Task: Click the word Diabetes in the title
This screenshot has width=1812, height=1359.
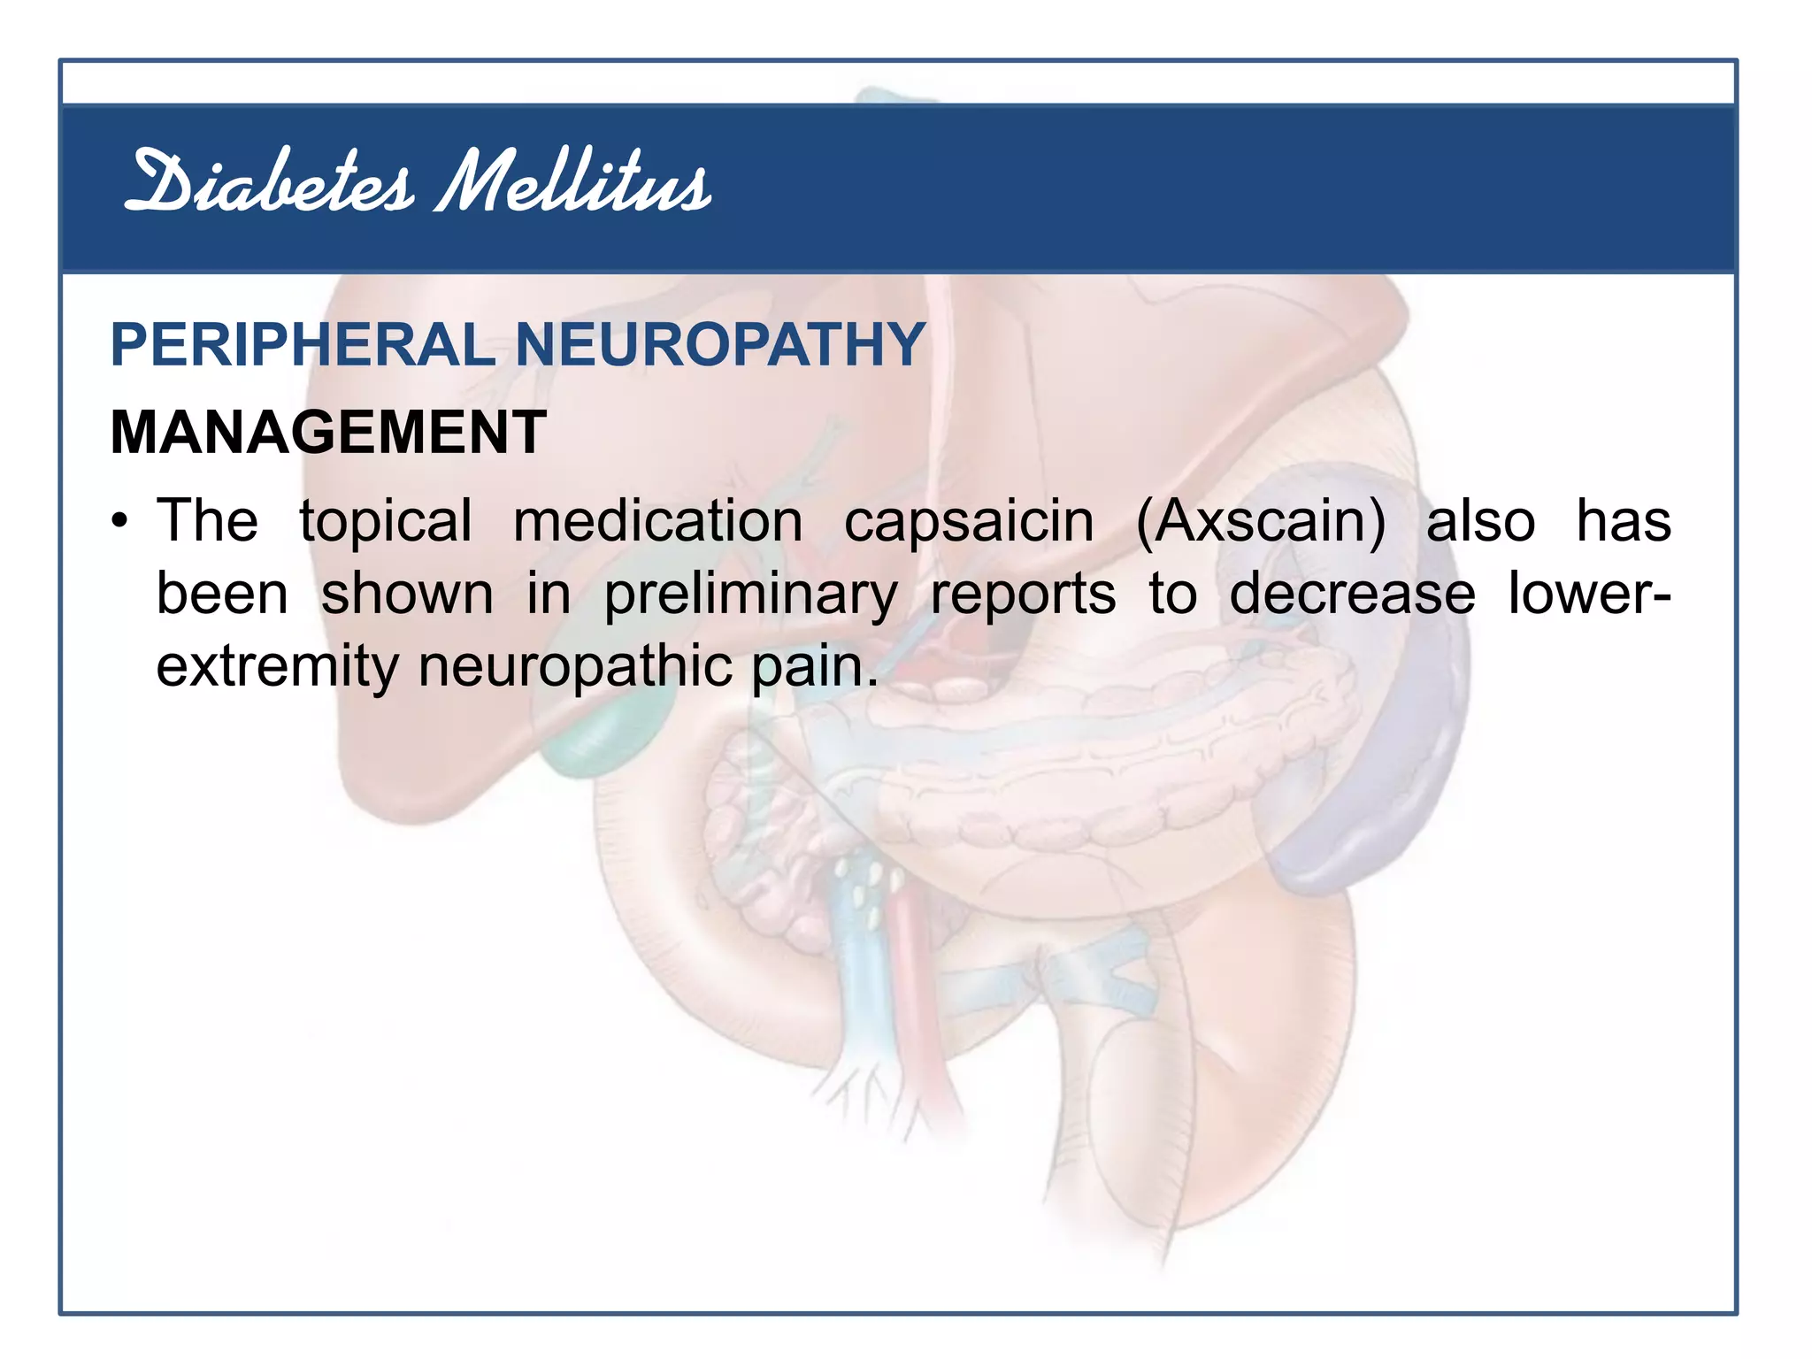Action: click(x=269, y=183)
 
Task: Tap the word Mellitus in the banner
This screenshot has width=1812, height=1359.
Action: click(x=573, y=183)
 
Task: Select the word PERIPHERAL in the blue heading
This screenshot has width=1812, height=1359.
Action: click(x=302, y=344)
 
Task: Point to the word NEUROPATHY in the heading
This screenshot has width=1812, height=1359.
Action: click(x=719, y=344)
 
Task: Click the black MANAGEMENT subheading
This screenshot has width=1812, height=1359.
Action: click(x=328, y=433)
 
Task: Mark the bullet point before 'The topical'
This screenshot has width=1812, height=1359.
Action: click(x=120, y=521)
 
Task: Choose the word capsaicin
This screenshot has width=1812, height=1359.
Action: click(x=968, y=521)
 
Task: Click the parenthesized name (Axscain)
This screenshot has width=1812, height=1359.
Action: click(x=1260, y=521)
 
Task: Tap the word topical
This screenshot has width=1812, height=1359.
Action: click(x=386, y=521)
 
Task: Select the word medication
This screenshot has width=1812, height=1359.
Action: click(x=657, y=521)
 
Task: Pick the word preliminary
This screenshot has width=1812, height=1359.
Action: click(x=750, y=595)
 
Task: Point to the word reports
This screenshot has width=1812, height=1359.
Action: click(x=1023, y=595)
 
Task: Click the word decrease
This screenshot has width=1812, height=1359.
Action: click(x=1352, y=595)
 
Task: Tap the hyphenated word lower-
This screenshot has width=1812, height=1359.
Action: click(x=1589, y=595)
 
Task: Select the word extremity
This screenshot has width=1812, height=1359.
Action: click(x=277, y=667)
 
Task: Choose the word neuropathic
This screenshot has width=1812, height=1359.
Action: click(x=575, y=667)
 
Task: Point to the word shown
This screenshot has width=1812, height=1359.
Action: click(x=407, y=595)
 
